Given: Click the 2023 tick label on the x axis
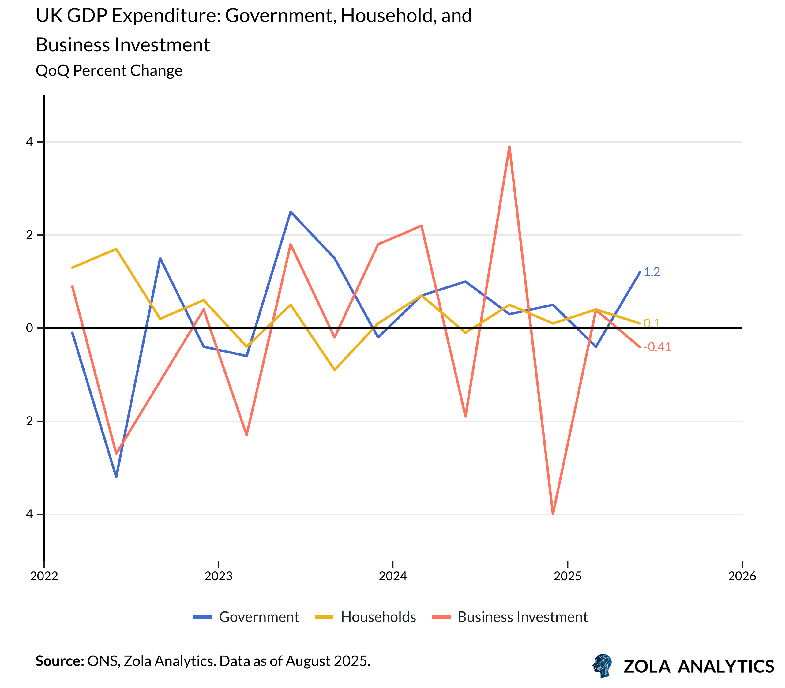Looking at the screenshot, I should pyautogui.click(x=218, y=576).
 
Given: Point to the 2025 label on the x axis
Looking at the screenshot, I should pyautogui.click(x=567, y=576).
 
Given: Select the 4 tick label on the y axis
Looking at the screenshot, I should pyautogui.click(x=29, y=142).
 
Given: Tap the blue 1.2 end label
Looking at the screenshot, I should pyautogui.click(x=652, y=272).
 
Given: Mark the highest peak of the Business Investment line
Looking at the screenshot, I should pyautogui.click(x=509, y=147).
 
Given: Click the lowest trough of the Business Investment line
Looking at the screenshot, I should pyautogui.click(x=553, y=514).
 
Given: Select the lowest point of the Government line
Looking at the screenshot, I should pyautogui.click(x=116, y=477).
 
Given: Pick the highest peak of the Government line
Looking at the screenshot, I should pyautogui.click(x=291, y=211).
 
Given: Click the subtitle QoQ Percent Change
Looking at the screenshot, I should pyautogui.click(x=109, y=71).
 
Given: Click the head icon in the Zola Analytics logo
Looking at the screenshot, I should pyautogui.click(x=602, y=665).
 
